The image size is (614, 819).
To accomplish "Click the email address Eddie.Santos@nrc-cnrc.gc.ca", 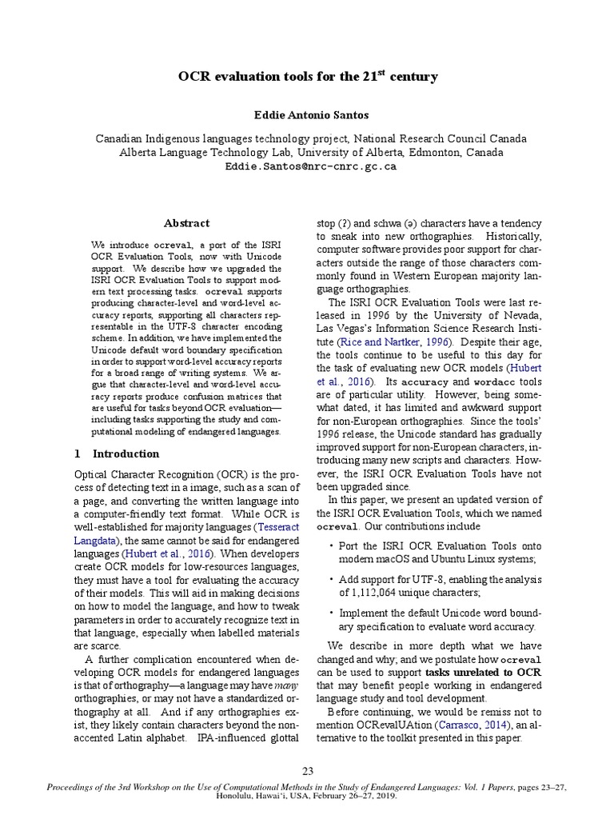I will (307, 167).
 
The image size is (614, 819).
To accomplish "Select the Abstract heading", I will (186, 223).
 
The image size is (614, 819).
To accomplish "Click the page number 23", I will (307, 771).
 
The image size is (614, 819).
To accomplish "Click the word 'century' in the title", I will (415, 78).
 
